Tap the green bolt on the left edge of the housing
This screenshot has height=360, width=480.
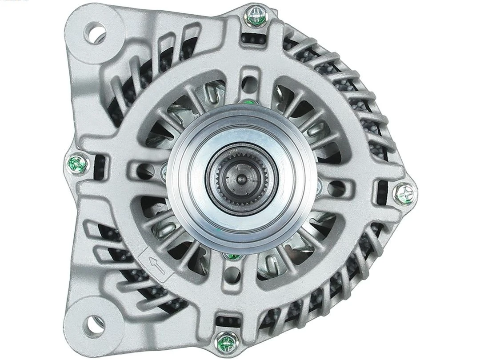point(78,164)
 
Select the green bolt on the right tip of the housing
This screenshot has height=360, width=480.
point(404,193)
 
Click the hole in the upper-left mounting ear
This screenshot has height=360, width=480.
point(96,32)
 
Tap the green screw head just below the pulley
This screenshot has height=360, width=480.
point(232,256)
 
